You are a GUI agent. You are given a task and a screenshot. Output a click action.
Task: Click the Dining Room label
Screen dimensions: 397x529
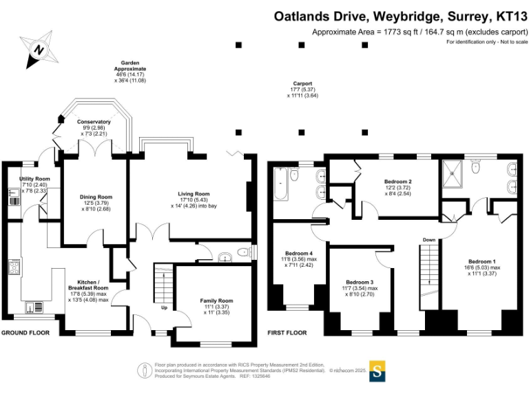(x=95, y=196)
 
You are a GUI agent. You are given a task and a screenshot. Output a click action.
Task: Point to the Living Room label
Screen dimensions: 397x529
(x=193, y=194)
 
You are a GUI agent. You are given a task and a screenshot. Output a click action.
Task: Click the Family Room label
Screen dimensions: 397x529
(x=216, y=301)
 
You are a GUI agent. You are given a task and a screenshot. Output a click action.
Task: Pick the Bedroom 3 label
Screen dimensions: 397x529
(x=360, y=283)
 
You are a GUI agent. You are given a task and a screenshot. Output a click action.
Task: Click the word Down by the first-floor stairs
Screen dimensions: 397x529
(x=428, y=240)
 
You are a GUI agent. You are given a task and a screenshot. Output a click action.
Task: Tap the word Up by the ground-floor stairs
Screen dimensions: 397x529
(x=163, y=308)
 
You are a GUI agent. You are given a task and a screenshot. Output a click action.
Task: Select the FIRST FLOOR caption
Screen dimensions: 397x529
(x=287, y=333)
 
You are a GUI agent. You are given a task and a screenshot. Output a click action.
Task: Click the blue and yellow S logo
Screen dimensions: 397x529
(x=377, y=370)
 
